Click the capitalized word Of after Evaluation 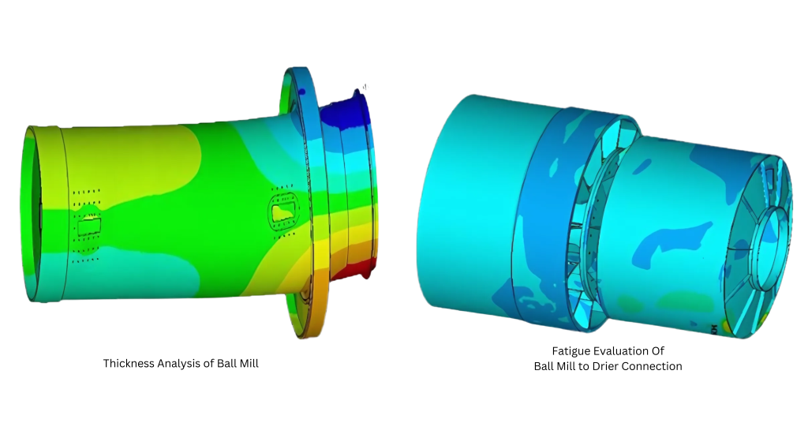(658, 351)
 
